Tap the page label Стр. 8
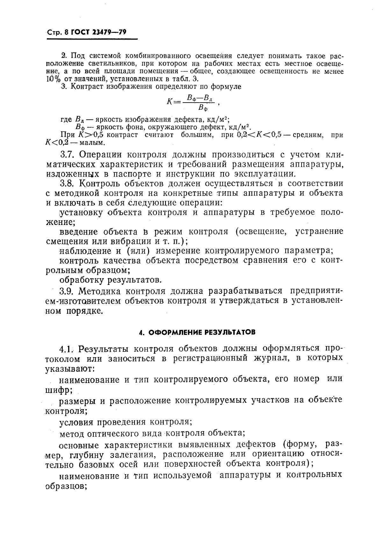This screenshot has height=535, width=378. tap(58, 33)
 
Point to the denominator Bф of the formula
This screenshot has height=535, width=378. tap(203, 108)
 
